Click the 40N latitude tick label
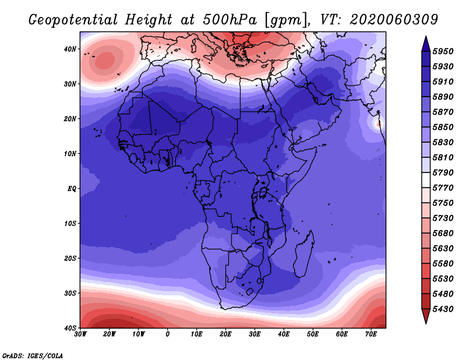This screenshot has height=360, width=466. (x=70, y=49)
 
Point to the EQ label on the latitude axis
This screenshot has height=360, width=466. (x=72, y=189)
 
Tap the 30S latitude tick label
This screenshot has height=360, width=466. (x=70, y=293)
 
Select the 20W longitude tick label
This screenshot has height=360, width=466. (x=109, y=334)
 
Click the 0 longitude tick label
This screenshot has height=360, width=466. (x=168, y=334)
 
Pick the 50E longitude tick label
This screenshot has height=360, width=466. (x=313, y=334)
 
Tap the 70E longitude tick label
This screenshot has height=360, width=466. (x=371, y=334)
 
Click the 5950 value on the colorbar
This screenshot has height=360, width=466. (x=443, y=51)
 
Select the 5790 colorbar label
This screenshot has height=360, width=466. (x=443, y=172)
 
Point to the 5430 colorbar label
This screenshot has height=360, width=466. (x=443, y=309)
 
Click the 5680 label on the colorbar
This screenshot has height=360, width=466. (x=443, y=234)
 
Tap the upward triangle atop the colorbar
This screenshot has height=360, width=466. (x=426, y=44)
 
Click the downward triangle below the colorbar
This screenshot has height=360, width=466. (x=426, y=316)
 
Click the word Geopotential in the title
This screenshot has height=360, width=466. (x=73, y=20)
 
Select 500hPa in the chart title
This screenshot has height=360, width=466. (x=230, y=20)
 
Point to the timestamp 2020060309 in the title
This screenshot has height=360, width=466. (x=394, y=20)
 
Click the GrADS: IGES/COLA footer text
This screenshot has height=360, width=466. (x=33, y=355)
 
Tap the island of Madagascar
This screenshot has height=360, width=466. (x=304, y=254)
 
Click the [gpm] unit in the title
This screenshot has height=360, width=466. (x=285, y=20)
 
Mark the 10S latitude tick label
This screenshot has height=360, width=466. (x=70, y=223)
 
